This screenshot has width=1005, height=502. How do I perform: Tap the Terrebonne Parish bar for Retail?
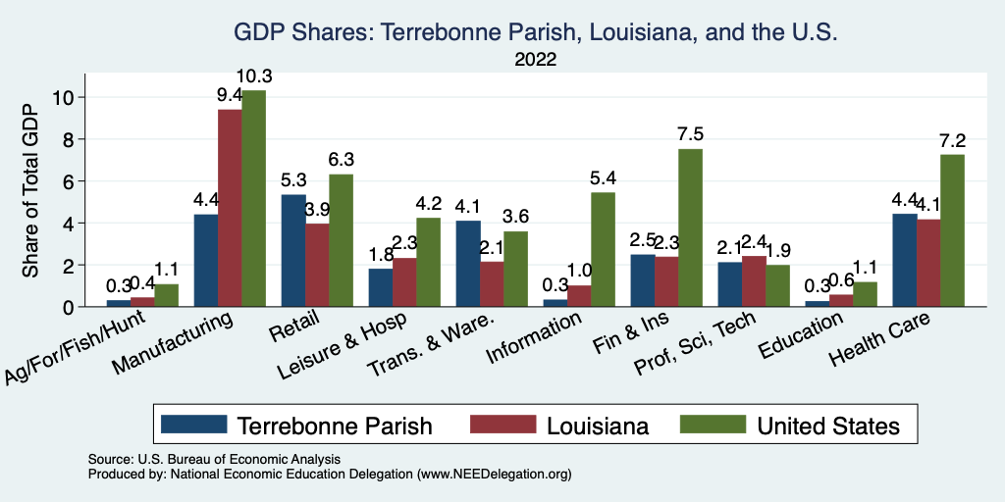(x=293, y=251)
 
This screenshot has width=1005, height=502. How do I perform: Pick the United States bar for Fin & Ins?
(x=690, y=227)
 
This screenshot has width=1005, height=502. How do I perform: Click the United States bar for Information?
(x=603, y=250)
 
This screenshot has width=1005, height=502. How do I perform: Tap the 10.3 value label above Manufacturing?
(x=253, y=75)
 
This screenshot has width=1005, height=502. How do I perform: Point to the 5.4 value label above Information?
(x=603, y=178)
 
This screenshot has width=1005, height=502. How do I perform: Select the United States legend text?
(x=827, y=426)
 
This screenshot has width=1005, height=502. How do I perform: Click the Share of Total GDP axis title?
(x=33, y=190)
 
